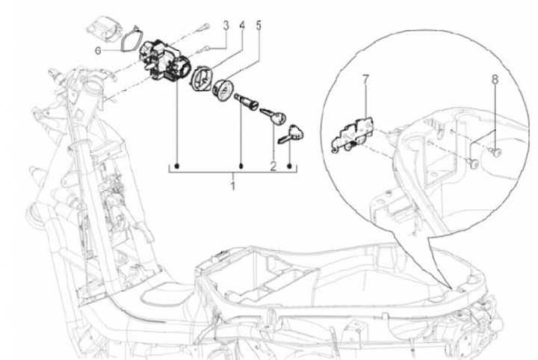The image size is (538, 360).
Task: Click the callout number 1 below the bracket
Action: (x=232, y=184)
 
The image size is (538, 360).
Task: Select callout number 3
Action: (x=225, y=25)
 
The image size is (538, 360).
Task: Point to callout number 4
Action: (x=241, y=25)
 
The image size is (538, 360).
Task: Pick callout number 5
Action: (x=259, y=25)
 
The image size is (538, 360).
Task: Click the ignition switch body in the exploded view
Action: (x=162, y=58)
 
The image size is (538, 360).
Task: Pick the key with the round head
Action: (x=274, y=117)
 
